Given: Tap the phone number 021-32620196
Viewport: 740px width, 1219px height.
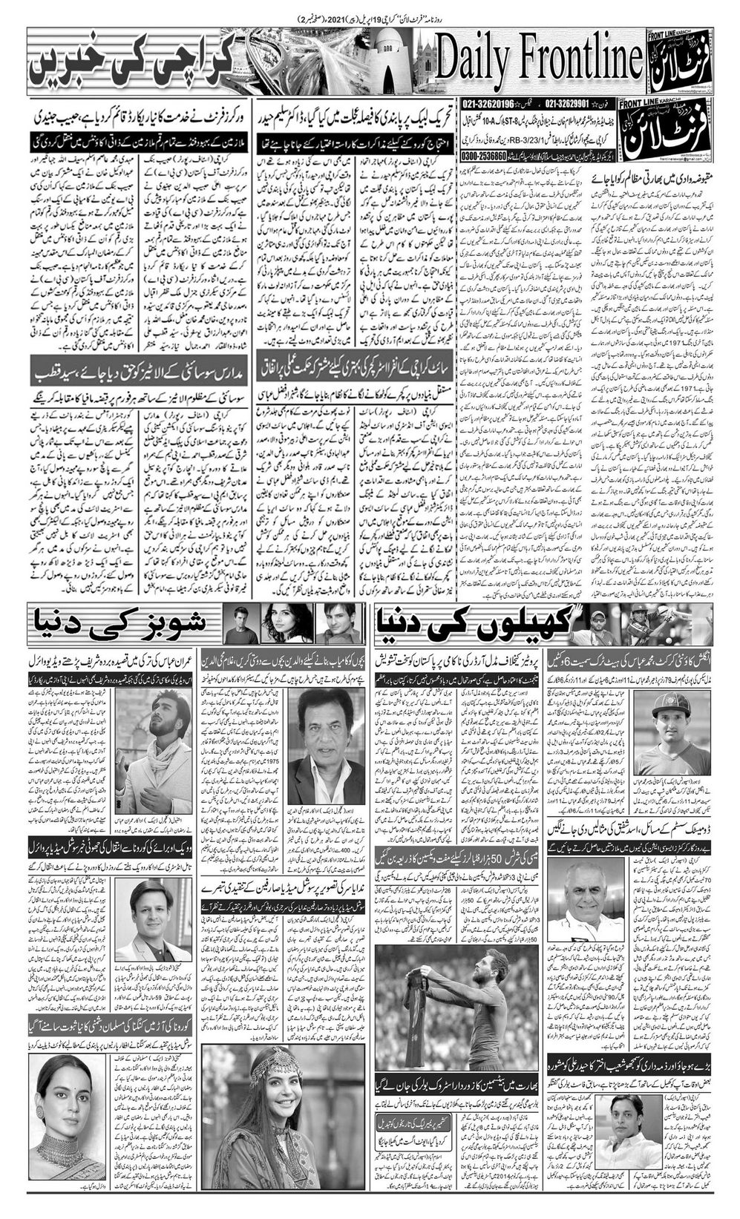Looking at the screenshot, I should pos(491,105).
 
